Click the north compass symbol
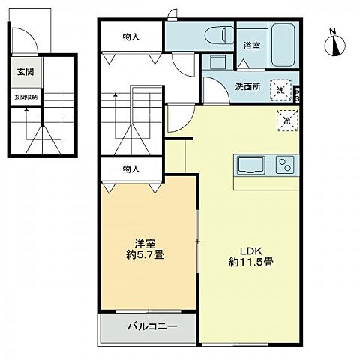[x=334, y=43]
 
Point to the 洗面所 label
[x=247, y=86]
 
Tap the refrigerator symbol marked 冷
[x=287, y=118]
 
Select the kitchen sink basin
[x=250, y=163]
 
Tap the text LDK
[x=250, y=250]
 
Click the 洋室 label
[x=145, y=243]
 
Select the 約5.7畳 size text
[x=145, y=255]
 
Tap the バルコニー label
[x=151, y=327]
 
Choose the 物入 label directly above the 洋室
[x=131, y=169]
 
